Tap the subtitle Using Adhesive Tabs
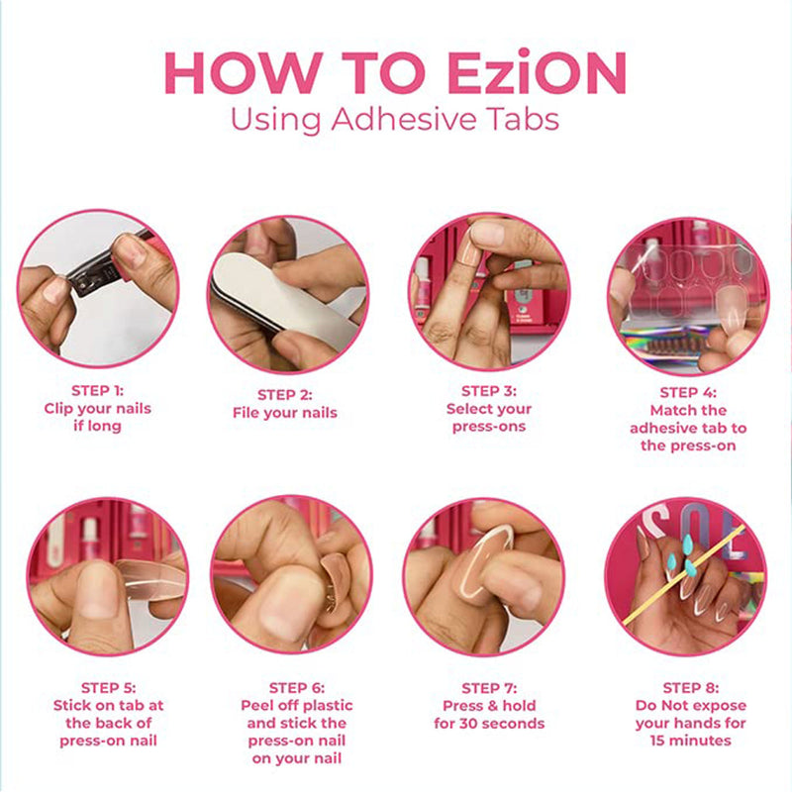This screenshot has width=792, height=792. click(395, 119)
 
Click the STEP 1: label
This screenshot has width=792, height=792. click(97, 390)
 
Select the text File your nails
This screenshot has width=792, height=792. click(285, 412)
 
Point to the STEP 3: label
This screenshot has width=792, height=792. click(489, 391)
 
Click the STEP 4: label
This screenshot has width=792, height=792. click(688, 392)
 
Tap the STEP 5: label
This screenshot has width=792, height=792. click(108, 687)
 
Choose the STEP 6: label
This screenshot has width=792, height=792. click(296, 687)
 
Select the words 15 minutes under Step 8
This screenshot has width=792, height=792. click(690, 740)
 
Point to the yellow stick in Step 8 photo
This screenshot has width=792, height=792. click(683, 574)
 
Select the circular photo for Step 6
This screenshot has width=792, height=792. click(291, 576)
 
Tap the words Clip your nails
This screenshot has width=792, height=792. click(97, 408)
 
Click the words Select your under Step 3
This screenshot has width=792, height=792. click(489, 409)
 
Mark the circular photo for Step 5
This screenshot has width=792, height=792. click(107, 576)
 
